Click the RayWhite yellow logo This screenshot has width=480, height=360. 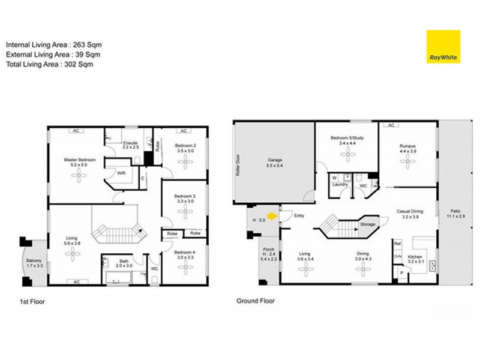coord(443,47)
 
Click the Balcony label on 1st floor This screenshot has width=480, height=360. coord(34,263)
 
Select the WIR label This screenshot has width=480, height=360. coord(121,173)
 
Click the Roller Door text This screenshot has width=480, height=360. coord(238,162)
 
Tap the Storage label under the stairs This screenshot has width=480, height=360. coord(368,224)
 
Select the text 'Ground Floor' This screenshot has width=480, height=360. coord(256,301)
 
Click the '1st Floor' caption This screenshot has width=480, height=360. coord(31,302)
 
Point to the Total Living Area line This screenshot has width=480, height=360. coord(50,64)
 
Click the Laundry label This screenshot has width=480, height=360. coord(341,185)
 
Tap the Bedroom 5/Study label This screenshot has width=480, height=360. coord(347,141)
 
